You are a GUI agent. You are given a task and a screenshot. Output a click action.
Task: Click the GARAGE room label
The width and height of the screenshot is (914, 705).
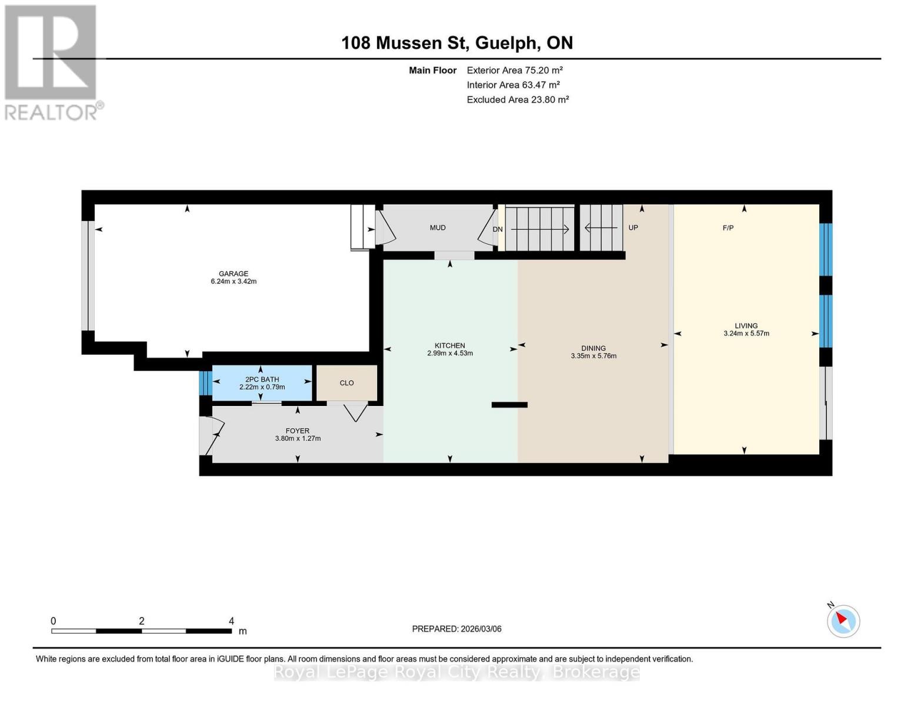point(233,274)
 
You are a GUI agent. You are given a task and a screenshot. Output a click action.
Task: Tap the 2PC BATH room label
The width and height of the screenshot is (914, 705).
point(262,380)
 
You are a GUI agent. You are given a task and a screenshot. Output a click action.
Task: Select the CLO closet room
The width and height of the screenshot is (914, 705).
point(346,383)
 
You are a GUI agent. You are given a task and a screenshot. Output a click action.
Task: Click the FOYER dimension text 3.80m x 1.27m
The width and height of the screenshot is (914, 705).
point(298,439)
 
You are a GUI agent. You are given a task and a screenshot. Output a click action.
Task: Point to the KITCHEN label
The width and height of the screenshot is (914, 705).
point(450,345)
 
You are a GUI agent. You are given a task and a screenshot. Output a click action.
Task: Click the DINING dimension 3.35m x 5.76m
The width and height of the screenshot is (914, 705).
point(593,356)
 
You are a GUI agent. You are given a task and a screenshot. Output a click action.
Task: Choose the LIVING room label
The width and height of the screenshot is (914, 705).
point(746,325)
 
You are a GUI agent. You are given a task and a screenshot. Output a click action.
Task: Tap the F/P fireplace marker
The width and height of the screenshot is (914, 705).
point(728,228)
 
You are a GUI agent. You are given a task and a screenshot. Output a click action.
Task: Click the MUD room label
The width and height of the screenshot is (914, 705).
point(438,228)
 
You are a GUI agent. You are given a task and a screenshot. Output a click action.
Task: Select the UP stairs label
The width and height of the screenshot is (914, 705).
point(633,228)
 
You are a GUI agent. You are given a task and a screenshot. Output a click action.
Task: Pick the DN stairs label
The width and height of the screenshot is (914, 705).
point(498,229)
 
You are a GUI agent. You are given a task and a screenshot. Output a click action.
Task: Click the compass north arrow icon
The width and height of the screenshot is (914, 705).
point(843,620)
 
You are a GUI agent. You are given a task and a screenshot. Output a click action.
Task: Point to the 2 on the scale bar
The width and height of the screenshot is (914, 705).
point(142,621)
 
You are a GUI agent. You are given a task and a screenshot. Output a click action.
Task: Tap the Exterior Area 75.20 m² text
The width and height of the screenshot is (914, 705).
point(515,70)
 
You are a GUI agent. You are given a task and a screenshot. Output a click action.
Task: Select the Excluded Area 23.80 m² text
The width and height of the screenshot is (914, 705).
point(518,100)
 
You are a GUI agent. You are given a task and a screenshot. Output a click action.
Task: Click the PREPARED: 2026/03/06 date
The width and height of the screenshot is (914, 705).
point(456,629)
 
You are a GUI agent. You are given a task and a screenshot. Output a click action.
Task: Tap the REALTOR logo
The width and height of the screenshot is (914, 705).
point(52,62)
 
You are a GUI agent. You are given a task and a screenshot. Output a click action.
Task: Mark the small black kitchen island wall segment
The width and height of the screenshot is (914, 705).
point(509,405)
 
